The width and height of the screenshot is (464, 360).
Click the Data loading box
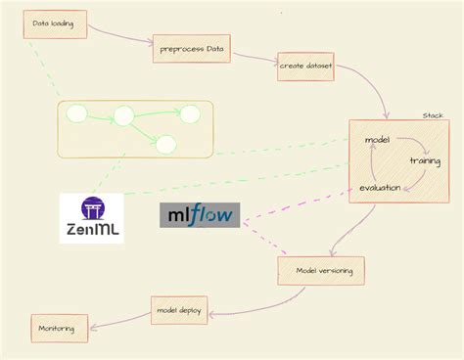point(54,24)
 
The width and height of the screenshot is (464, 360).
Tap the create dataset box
point(305,66)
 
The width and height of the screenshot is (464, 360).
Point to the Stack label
point(433,114)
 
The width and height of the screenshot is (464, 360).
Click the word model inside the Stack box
point(377,140)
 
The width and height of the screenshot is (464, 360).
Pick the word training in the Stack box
point(424,159)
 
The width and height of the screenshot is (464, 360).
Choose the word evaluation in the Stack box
point(379,187)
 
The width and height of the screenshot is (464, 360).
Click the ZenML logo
point(91,217)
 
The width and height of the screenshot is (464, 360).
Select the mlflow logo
point(199,215)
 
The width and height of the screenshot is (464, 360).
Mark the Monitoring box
point(59,328)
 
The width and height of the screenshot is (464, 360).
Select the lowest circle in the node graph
point(164,145)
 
